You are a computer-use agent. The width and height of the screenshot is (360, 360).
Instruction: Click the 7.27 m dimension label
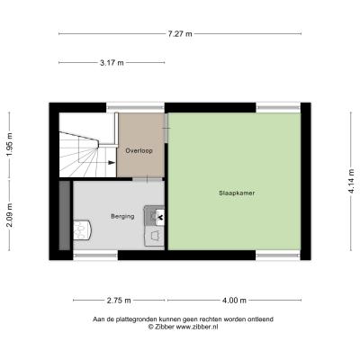point(180,34)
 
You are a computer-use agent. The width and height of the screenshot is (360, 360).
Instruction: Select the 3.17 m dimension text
point(112,63)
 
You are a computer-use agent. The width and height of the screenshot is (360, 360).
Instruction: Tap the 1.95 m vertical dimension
point(9,145)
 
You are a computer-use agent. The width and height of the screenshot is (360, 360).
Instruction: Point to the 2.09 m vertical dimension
point(9,215)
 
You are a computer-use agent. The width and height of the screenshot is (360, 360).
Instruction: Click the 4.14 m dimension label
point(352,181)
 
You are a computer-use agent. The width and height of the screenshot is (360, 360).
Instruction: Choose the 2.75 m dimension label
point(119,301)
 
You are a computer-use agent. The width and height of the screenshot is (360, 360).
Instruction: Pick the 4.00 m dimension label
point(234,301)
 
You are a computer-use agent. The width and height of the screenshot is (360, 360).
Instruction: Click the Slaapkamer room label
point(237,193)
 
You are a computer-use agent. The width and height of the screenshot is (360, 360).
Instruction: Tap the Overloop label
point(139,150)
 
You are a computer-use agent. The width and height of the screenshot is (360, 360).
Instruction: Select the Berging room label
point(122,216)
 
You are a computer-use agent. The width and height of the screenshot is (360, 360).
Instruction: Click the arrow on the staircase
point(112,163)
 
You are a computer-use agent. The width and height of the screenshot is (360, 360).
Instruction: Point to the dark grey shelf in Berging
point(65,215)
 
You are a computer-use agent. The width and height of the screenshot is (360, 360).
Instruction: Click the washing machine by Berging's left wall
point(82,230)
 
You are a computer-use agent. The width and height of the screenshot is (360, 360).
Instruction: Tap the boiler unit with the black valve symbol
point(155,215)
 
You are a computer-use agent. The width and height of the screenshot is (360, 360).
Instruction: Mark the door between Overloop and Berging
point(148,179)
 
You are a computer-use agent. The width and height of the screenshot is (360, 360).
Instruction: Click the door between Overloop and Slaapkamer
point(166,128)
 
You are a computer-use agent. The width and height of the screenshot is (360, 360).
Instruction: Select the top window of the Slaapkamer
point(278,108)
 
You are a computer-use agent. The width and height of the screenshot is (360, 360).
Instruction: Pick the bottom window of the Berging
point(95,256)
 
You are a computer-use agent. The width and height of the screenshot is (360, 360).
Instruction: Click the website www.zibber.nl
point(197,327)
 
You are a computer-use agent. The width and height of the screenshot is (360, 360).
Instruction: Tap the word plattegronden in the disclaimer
point(137,319)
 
